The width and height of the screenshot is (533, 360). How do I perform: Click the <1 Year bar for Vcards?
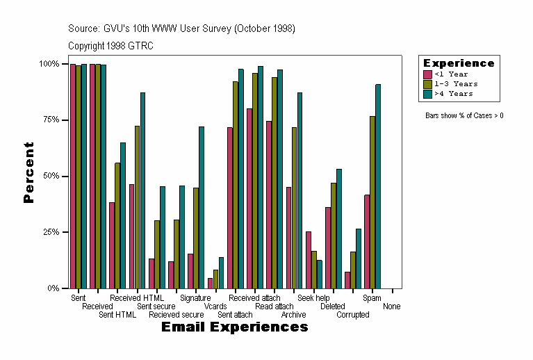[210, 283]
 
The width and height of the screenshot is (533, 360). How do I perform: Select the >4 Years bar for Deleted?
[339, 229]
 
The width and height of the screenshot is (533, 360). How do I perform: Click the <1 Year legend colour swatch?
[428, 74]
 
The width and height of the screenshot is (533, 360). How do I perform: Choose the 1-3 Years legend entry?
[455, 84]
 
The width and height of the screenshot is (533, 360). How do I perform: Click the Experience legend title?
[459, 63]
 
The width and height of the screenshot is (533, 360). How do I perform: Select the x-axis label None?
[391, 306]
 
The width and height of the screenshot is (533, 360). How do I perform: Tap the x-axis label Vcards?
[215, 306]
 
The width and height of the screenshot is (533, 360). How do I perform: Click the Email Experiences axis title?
[234, 327]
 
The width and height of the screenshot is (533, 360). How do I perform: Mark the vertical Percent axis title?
[28, 172]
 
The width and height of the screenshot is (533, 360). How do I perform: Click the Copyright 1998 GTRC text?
[110, 46]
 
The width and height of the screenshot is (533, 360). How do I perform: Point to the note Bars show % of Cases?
[464, 115]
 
